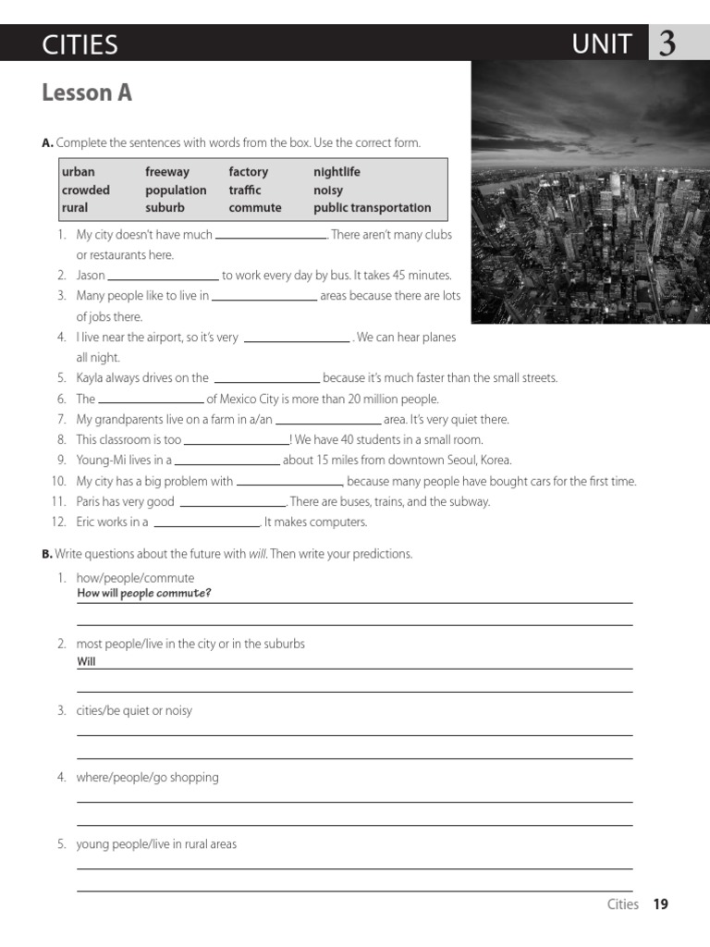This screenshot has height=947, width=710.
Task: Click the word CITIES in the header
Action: tap(80, 44)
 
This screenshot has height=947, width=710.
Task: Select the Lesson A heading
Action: tap(87, 92)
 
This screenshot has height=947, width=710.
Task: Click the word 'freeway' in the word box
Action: tap(167, 172)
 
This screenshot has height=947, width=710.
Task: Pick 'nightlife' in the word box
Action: tap(337, 172)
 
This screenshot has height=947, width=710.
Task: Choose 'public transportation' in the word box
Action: tap(372, 208)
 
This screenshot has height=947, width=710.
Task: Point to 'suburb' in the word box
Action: tap(165, 208)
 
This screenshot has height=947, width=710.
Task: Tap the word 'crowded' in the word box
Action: tap(86, 190)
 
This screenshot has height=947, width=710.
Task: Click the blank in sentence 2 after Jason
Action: tap(164, 277)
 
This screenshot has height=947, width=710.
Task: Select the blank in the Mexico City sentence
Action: tap(151, 400)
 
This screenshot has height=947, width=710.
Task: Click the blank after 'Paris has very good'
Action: tap(232, 503)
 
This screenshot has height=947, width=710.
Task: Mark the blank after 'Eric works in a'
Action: tap(206, 523)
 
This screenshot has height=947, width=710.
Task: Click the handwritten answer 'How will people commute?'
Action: tap(144, 594)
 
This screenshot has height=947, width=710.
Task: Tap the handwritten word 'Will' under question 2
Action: tap(86, 662)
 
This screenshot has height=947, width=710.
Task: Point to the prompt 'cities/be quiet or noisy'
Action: tap(134, 711)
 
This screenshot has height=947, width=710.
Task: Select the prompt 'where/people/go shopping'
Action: tap(147, 778)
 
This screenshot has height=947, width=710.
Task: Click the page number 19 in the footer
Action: tap(660, 904)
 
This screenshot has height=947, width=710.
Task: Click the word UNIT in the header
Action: tap(602, 44)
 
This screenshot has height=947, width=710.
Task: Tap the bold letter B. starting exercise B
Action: tap(47, 554)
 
